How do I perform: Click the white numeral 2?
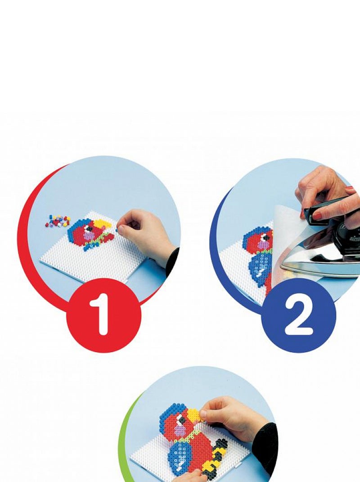[x=298, y=316]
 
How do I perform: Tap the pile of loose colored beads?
[x=58, y=221]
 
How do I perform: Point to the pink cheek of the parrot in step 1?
[x=89, y=236]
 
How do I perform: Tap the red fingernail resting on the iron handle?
[x=316, y=215]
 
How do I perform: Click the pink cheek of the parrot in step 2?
[x=263, y=245]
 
